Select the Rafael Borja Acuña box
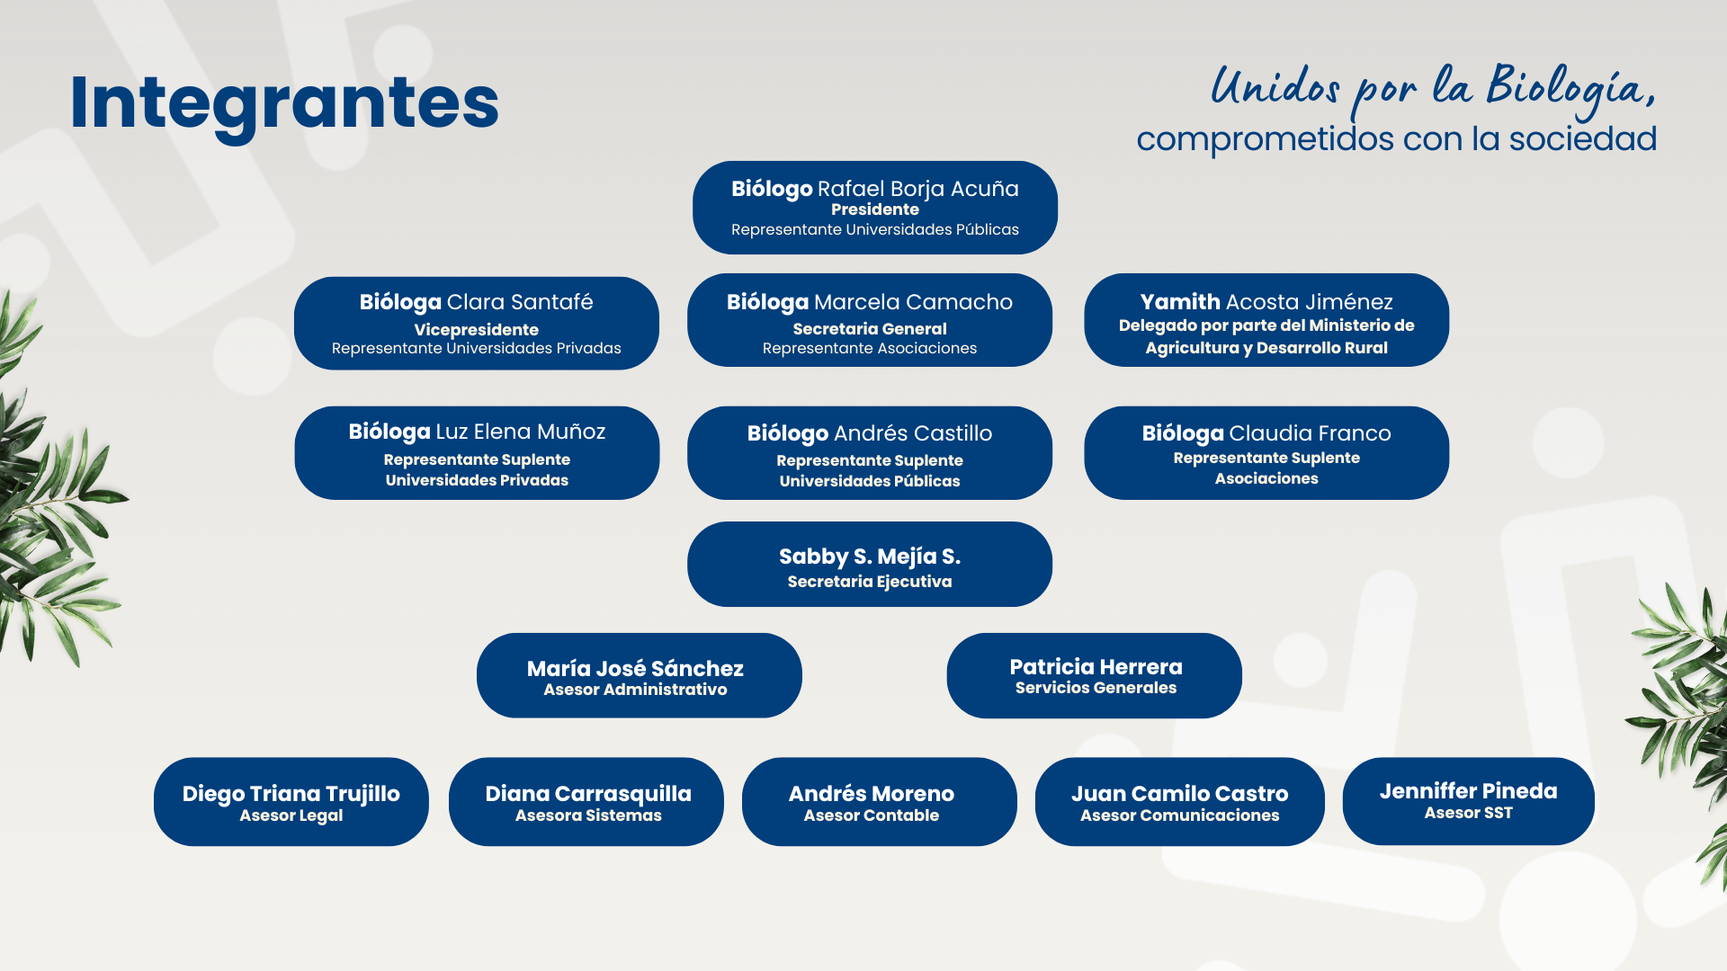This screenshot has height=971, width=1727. [875, 208]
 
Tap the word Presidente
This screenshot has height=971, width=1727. [875, 209]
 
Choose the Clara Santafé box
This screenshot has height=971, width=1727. [477, 323]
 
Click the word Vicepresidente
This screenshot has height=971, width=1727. [477, 330]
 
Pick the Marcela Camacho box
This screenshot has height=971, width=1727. [870, 320]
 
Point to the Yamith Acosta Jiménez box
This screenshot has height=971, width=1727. [1266, 320]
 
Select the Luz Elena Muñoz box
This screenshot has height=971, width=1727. [477, 453]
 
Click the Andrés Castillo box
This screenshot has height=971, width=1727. [870, 453]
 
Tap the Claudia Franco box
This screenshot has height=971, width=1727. [1266, 453]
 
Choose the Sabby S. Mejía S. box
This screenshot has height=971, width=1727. [870, 564]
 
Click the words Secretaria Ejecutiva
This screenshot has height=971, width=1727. [870, 582]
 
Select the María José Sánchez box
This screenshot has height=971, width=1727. [639, 675]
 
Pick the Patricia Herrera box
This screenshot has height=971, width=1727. [1095, 675]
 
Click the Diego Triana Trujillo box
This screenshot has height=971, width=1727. [291, 801]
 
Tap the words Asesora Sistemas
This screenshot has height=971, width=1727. [588, 815]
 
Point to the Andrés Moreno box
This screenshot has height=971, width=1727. [880, 801]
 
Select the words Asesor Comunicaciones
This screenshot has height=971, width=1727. [1180, 815]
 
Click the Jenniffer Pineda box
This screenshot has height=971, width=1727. [1469, 801]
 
